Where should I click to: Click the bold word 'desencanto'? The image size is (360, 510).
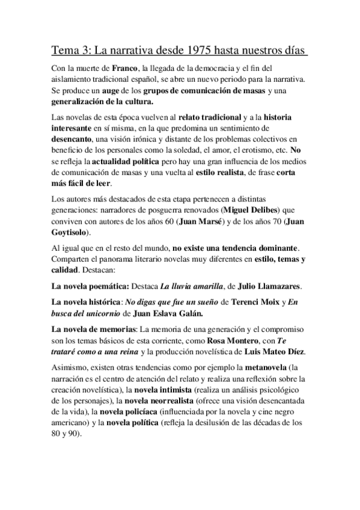click(71, 139)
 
